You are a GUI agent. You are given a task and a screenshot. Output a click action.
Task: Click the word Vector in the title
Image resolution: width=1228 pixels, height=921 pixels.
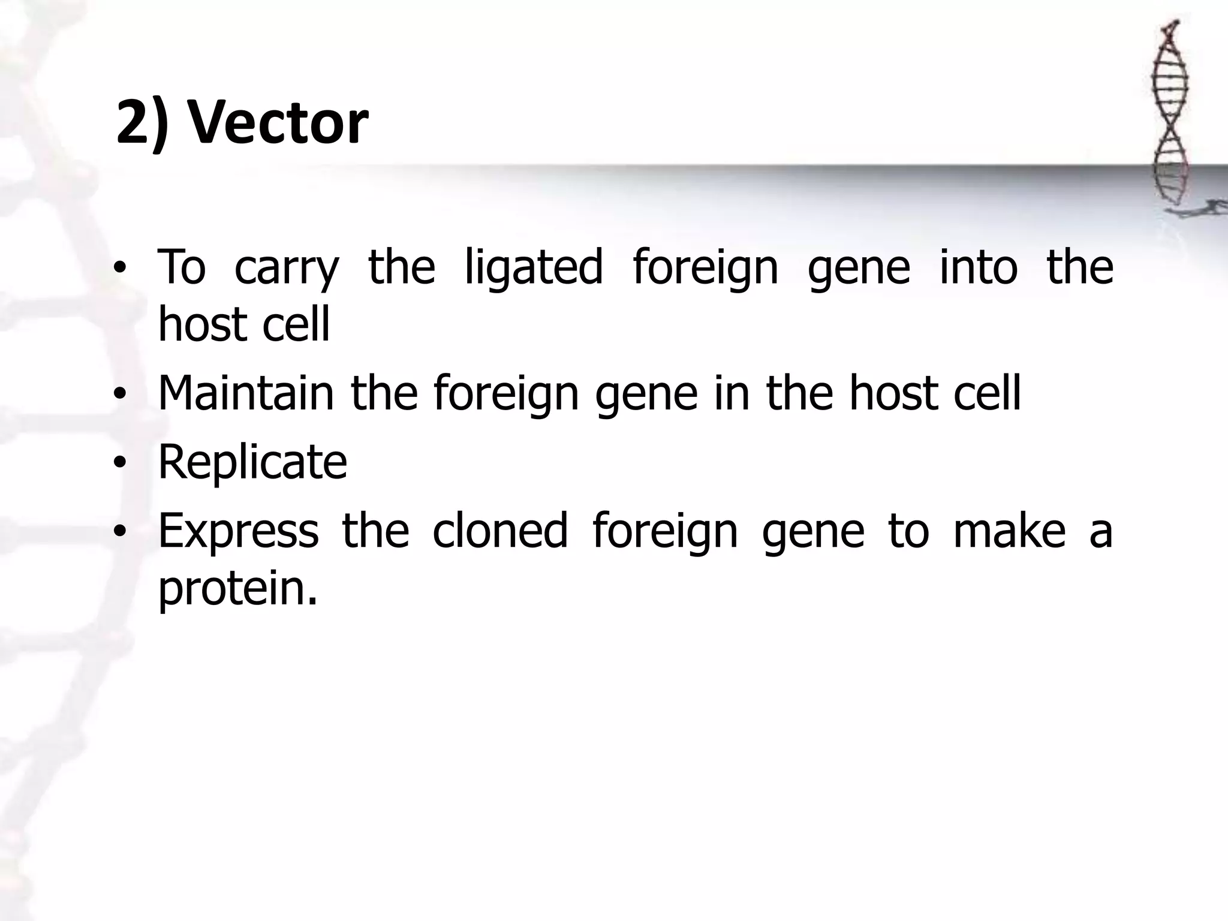coord(278,123)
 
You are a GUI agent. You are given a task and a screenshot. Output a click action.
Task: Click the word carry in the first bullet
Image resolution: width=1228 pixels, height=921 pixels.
coord(287,268)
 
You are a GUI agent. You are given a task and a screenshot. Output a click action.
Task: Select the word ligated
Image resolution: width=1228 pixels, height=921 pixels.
coord(534,268)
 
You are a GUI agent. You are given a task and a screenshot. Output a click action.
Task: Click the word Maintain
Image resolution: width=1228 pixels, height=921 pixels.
coord(246,393)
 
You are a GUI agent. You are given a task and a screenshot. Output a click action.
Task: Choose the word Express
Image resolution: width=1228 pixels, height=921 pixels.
coord(238,531)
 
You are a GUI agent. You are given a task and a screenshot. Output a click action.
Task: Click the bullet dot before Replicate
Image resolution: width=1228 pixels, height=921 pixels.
coord(121,463)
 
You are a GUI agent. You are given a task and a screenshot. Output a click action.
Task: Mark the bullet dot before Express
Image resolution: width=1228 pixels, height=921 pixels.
coord(121,532)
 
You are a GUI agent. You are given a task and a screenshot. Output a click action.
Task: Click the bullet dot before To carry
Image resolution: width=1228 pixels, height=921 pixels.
coord(121,268)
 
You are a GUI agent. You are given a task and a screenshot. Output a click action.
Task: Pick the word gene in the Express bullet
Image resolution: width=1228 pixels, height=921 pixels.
coord(813,532)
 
